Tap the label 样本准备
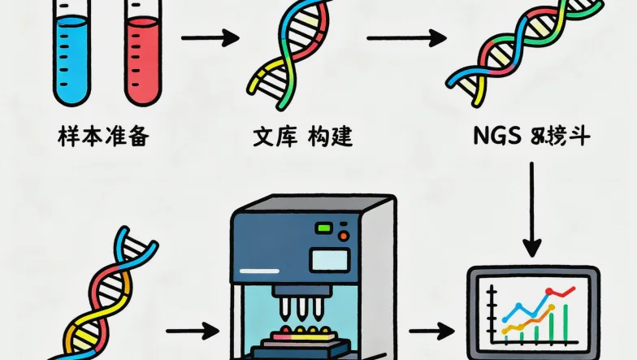coord(103,136)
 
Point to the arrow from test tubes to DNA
coord(209,38)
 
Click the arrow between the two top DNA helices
coord(405,38)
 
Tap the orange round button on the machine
coord(344,237)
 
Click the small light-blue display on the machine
coord(330,260)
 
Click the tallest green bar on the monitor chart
coord(564,321)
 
